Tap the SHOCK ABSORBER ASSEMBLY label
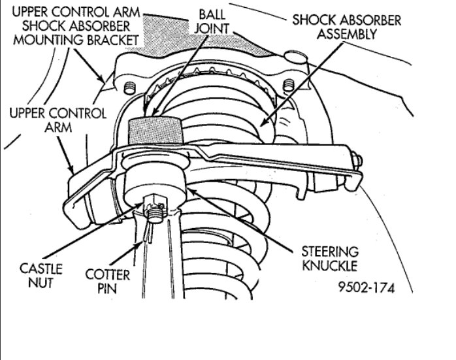click(346, 26)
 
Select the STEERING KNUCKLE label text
click(329, 257)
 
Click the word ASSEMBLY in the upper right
click(346, 33)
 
